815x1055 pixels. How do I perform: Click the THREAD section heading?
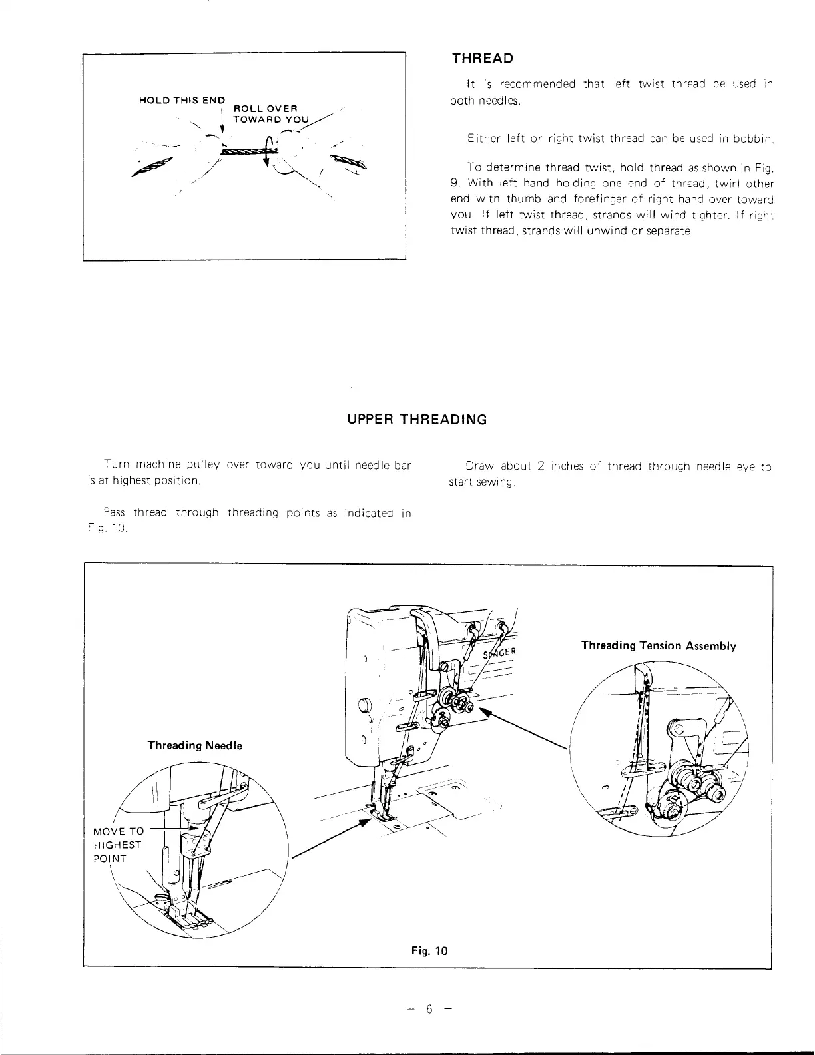pyautogui.click(x=483, y=59)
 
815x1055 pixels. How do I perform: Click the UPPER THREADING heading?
pyautogui.click(x=417, y=420)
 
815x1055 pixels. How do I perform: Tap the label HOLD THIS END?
pyautogui.click(x=182, y=100)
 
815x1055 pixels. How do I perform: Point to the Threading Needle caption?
pyautogui.click(x=194, y=745)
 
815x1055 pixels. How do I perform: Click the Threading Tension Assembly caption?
pyautogui.click(x=659, y=645)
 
